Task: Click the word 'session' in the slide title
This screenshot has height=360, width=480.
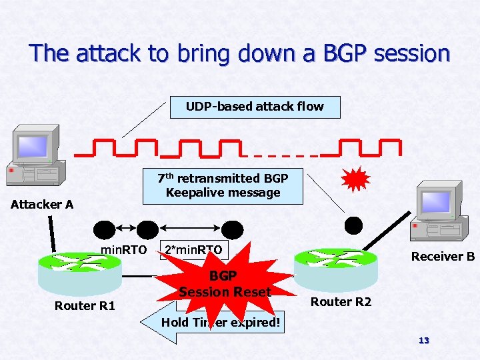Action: click(x=412, y=53)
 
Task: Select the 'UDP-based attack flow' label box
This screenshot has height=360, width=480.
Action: click(x=255, y=107)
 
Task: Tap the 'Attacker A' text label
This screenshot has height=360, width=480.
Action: click(x=42, y=205)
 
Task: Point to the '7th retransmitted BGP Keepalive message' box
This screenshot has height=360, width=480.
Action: click(x=223, y=186)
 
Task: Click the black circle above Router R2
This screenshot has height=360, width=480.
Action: click(x=353, y=225)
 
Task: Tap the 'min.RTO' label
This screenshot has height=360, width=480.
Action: click(x=123, y=250)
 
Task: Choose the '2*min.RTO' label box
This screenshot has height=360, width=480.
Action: click(x=193, y=250)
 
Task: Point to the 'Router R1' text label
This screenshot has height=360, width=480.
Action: click(x=85, y=306)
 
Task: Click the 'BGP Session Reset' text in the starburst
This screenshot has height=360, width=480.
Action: click(x=225, y=285)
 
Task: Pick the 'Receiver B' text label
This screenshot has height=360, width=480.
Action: click(x=443, y=257)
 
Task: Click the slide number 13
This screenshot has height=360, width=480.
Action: click(x=423, y=341)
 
